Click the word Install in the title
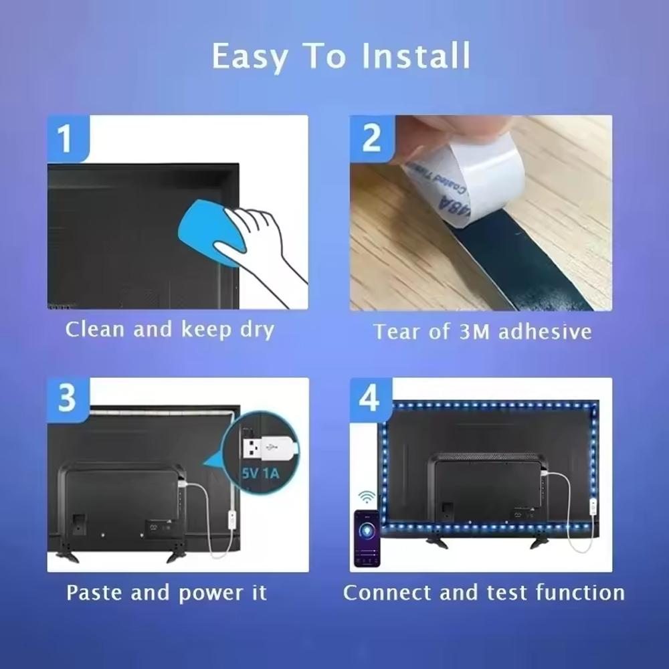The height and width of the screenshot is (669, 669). coord(415,56)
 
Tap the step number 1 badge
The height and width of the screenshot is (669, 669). coord(65,139)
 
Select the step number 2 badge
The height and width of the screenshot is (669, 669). coord(371,138)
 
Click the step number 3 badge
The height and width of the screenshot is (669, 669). coord(67,399)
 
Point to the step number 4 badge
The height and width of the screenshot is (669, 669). coord(370,399)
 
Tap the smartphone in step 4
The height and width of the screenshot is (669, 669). coord(367,539)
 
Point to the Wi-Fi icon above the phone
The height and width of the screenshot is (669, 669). coord(367,497)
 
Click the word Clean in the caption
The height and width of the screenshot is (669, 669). coord(96,330)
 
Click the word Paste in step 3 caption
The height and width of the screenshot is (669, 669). coord(96,593)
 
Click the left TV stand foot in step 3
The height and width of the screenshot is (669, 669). coord(67,555)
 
